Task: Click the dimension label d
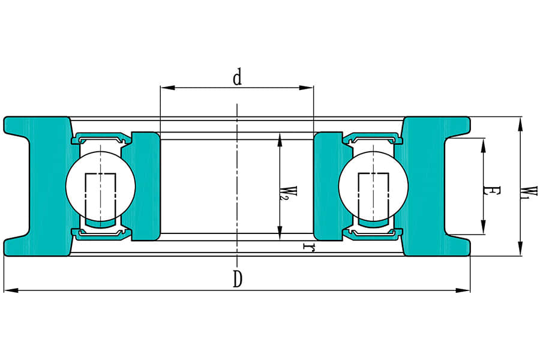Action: point(238,78)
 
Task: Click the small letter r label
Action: point(309,247)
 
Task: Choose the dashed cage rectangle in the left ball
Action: point(100,196)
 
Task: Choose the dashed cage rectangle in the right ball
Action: point(373,196)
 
